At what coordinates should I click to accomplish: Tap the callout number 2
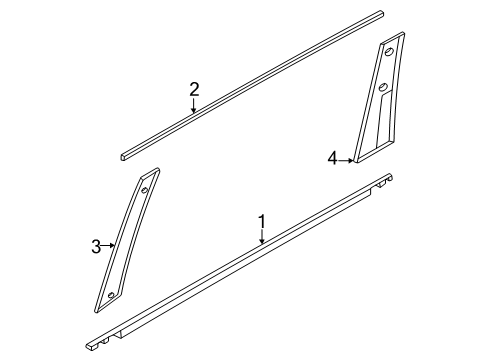[194, 89]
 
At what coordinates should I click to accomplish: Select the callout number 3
[96, 247]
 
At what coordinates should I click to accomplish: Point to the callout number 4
[333, 158]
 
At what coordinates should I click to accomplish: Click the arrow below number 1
[262, 237]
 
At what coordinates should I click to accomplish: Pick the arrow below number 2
[194, 105]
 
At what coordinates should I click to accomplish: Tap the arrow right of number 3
[108, 246]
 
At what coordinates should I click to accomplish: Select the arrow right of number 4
[346, 161]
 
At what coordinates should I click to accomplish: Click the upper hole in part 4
[389, 52]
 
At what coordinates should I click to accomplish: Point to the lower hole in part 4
[383, 87]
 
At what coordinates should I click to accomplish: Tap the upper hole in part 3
[145, 191]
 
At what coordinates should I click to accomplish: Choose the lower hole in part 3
[111, 295]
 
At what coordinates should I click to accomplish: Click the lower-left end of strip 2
[123, 157]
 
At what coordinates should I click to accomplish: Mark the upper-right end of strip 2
[382, 13]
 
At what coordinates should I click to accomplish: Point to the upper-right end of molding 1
[389, 176]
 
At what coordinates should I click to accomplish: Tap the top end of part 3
[151, 172]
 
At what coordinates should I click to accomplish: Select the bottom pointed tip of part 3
[96, 312]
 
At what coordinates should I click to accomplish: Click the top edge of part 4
[393, 37]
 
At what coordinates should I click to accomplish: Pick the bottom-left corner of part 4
[355, 162]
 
